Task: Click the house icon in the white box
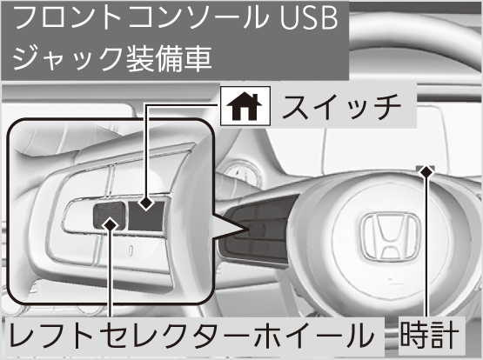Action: point(244,107)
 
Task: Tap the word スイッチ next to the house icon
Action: point(341,107)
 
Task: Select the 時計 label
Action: point(429,335)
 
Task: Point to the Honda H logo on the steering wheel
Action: point(391,236)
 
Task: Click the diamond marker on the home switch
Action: point(146,203)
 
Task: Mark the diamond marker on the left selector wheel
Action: point(111,225)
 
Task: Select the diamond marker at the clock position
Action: point(426,171)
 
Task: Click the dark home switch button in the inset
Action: point(145,216)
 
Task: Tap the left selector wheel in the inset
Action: point(110,216)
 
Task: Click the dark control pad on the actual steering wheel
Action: point(258,230)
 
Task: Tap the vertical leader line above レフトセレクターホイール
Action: point(111,275)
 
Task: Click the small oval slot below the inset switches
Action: point(131,250)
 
